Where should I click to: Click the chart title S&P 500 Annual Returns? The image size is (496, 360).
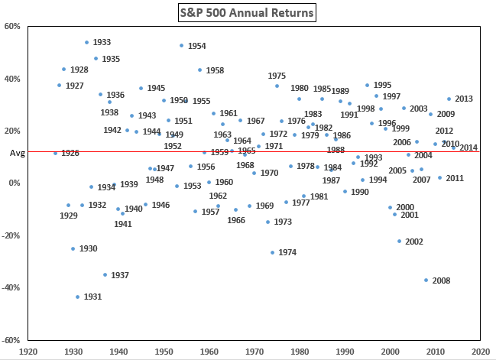tap(247, 13)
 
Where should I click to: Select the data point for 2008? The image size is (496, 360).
tap(426, 281)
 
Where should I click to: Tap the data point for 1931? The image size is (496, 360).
tap(77, 297)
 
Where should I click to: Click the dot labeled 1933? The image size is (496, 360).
tap(86, 42)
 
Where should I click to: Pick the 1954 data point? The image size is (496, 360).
tap(181, 46)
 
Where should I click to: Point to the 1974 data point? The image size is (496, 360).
tap(272, 252)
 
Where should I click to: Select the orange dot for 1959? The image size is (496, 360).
tap(204, 152)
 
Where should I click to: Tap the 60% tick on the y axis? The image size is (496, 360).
tap(13, 26)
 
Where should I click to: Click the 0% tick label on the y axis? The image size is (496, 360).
tap(15, 183)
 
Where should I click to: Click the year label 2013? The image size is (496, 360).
tap(464, 99)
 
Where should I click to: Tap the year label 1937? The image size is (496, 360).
tap(120, 275)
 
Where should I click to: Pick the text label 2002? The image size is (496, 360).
tap(413, 242)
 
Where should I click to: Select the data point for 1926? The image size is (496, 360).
tap(55, 153)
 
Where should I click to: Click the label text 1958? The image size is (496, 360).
tap(215, 70)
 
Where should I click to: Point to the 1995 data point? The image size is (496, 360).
tap(367, 85)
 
